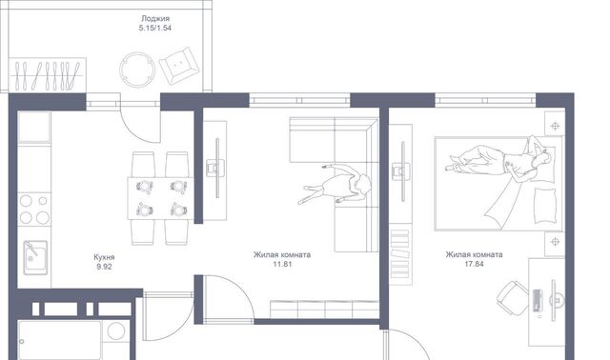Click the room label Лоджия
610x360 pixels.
tap(155, 18)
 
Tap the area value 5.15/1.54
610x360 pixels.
tap(154, 28)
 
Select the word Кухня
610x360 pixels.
tap(104, 257)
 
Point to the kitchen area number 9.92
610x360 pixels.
tap(104, 267)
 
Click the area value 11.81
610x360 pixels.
tap(282, 265)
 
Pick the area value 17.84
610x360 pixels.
tap(475, 265)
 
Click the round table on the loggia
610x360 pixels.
tap(137, 70)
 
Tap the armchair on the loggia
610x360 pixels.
tap(180, 66)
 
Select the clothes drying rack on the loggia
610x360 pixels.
tap(47, 74)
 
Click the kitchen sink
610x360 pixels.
tap(35, 257)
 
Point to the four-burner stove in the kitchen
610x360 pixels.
tap(34, 210)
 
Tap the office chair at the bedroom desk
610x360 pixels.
tap(513, 297)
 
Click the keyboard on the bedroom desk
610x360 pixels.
tap(538, 301)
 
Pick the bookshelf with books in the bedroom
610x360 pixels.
tap(400, 253)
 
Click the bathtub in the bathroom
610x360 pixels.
tap(60, 340)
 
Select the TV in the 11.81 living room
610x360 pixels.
tap(217, 168)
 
